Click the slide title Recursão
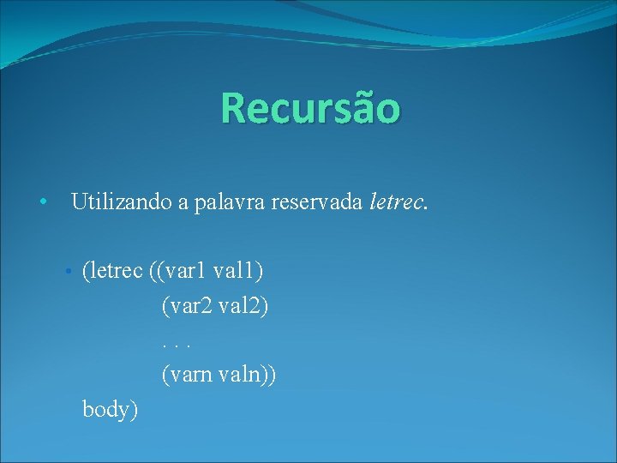[309, 108]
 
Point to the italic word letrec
[398, 202]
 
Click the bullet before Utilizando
[41, 203]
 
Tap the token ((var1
[177, 272]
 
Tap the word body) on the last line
[110, 409]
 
